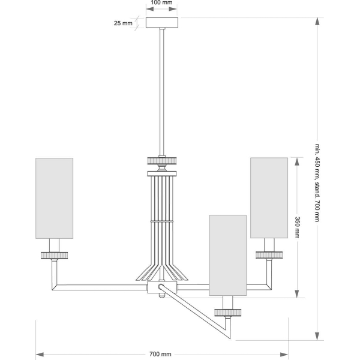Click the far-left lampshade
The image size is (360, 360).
pos(54,197)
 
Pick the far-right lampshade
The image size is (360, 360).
pos(269,197)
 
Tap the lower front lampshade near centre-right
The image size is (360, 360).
pos(227,255)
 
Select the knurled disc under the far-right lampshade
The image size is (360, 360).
pos(269,255)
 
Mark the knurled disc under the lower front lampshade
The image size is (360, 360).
pos(228,313)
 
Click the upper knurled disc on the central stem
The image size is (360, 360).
pos(162,161)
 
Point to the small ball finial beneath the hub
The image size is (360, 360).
pos(161,295)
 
